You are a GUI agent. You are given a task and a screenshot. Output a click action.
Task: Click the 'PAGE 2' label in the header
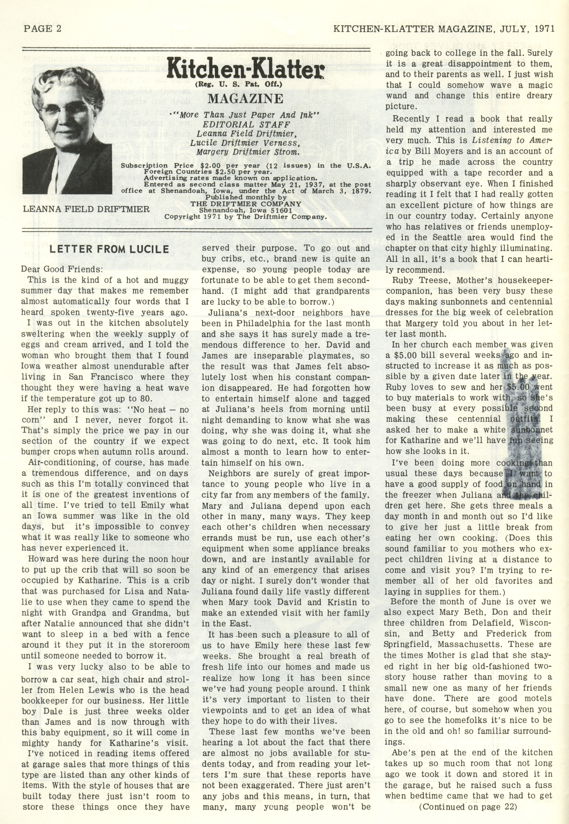click(x=42, y=29)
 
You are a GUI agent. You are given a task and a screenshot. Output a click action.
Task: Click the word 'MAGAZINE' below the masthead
click(x=245, y=98)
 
